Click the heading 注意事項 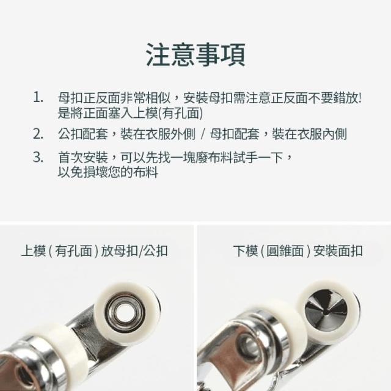coord(195,55)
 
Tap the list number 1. coord(38,97)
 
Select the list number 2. coord(38,134)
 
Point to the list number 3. coord(38,157)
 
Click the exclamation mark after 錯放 coord(359,98)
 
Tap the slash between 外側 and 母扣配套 coord(203,134)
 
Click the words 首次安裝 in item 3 coord(83,158)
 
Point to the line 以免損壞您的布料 coord(108,172)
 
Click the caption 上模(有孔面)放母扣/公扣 coord(95,251)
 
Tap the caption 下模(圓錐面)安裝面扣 coord(298,251)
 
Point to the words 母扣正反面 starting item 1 coord(89,98)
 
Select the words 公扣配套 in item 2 coord(83,134)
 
